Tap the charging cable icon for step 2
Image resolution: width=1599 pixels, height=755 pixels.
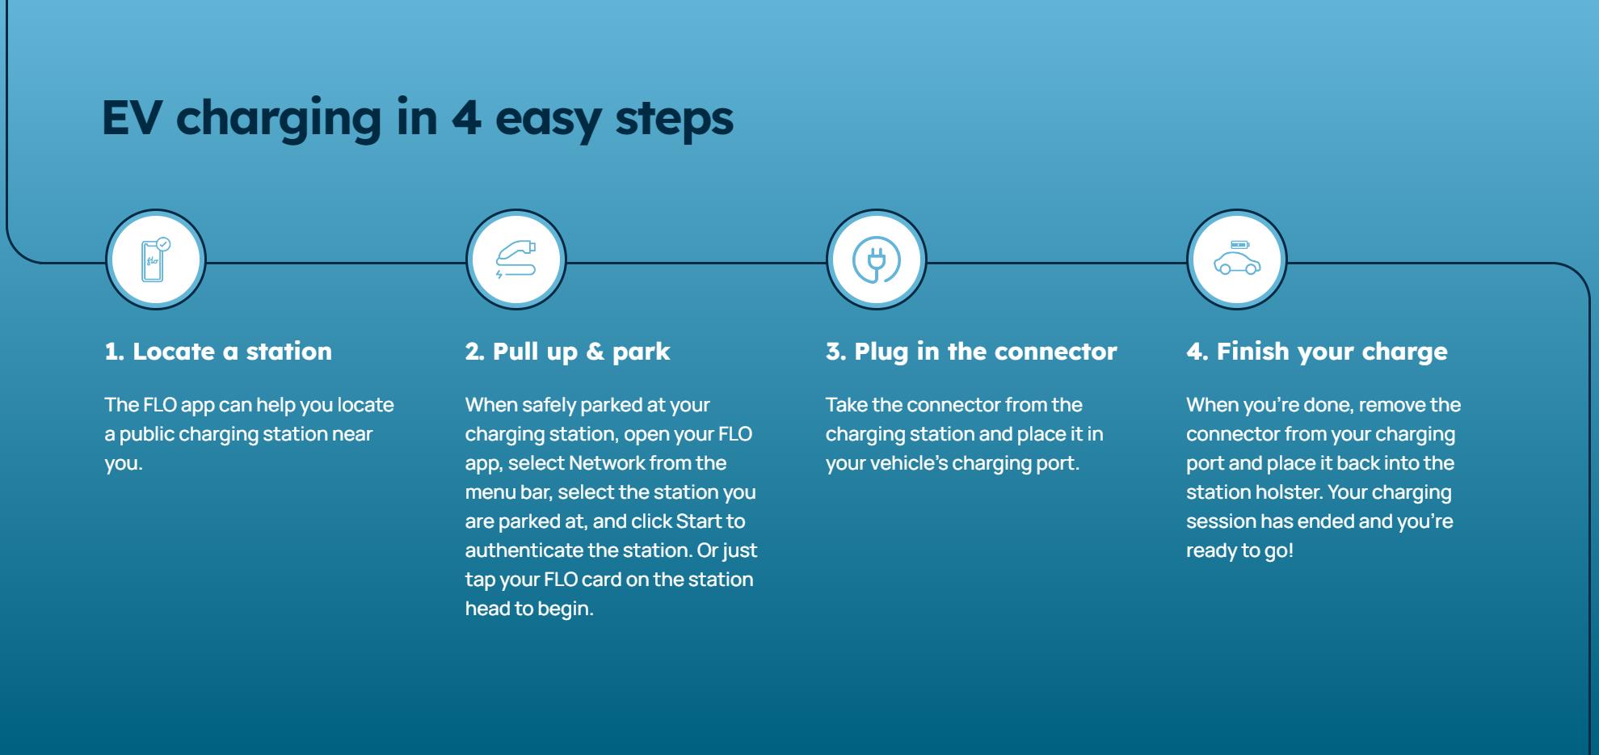click(x=515, y=259)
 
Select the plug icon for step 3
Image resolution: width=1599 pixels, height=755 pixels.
click(x=876, y=259)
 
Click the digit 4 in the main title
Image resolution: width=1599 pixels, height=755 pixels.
click(x=466, y=117)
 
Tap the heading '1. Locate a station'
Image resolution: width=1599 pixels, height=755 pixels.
click(x=218, y=351)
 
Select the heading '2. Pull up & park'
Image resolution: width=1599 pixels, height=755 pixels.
click(x=567, y=352)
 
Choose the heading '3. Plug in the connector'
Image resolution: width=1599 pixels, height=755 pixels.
click(x=971, y=352)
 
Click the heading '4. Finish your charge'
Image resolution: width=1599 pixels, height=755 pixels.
click(x=1317, y=352)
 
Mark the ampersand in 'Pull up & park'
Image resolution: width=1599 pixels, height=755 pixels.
click(x=595, y=352)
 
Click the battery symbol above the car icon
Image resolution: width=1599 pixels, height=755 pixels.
click(x=1239, y=244)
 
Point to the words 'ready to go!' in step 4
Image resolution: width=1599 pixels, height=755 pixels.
click(x=1239, y=551)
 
